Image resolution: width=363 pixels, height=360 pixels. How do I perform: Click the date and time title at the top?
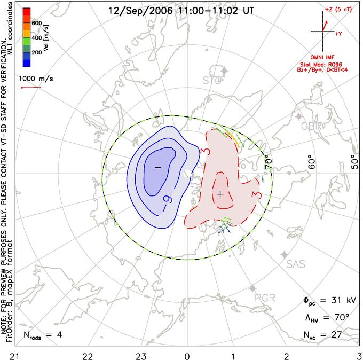pos(180,11)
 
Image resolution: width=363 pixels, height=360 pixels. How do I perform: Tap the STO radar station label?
pos(211,81)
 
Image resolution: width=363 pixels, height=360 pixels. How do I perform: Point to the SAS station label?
pos(296,264)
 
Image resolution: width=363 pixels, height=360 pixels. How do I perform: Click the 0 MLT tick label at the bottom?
pos(187,354)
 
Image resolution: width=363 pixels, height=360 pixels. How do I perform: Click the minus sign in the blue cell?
pos(157,168)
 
